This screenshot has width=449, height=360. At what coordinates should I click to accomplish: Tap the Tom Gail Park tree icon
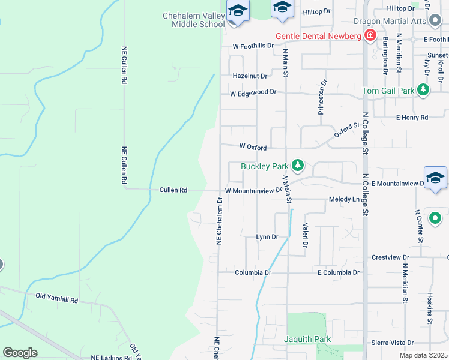click(424, 91)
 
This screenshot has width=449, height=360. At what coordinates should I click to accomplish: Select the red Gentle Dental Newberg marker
click(370, 36)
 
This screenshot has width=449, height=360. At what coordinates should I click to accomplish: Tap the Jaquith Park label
click(307, 339)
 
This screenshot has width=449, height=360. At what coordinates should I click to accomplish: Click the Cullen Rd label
click(173, 190)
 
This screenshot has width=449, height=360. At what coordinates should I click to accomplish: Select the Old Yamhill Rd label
click(57, 296)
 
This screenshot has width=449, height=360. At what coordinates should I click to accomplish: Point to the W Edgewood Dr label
click(253, 92)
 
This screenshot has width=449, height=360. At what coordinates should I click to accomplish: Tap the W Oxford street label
click(253, 146)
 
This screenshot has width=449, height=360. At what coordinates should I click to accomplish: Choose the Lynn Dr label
click(267, 237)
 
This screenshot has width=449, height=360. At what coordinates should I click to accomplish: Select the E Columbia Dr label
click(339, 272)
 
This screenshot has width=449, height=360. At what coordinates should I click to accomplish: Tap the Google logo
click(20, 353)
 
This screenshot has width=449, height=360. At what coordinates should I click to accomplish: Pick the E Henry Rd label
click(412, 118)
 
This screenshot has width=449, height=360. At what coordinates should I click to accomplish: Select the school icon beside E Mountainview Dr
click(435, 178)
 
